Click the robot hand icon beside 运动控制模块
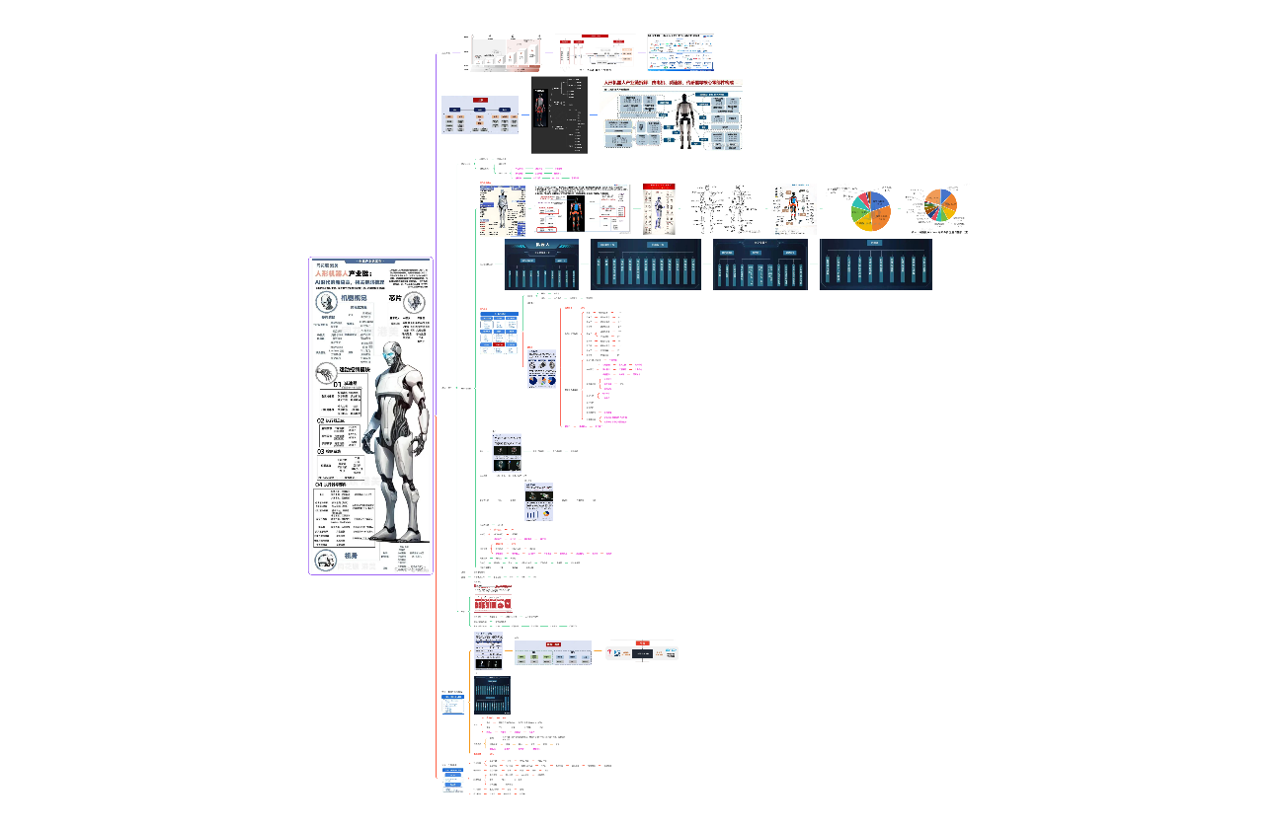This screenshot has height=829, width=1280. point(324,371)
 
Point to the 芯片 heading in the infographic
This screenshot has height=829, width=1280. point(396,298)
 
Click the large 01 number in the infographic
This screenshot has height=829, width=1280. point(337,384)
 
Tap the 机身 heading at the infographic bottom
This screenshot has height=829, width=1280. point(351,557)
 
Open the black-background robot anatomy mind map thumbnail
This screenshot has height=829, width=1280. point(559,116)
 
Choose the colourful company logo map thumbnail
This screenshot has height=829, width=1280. point(680,52)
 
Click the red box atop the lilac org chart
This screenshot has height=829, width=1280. point(480,100)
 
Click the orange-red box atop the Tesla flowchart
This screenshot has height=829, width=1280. point(643,642)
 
